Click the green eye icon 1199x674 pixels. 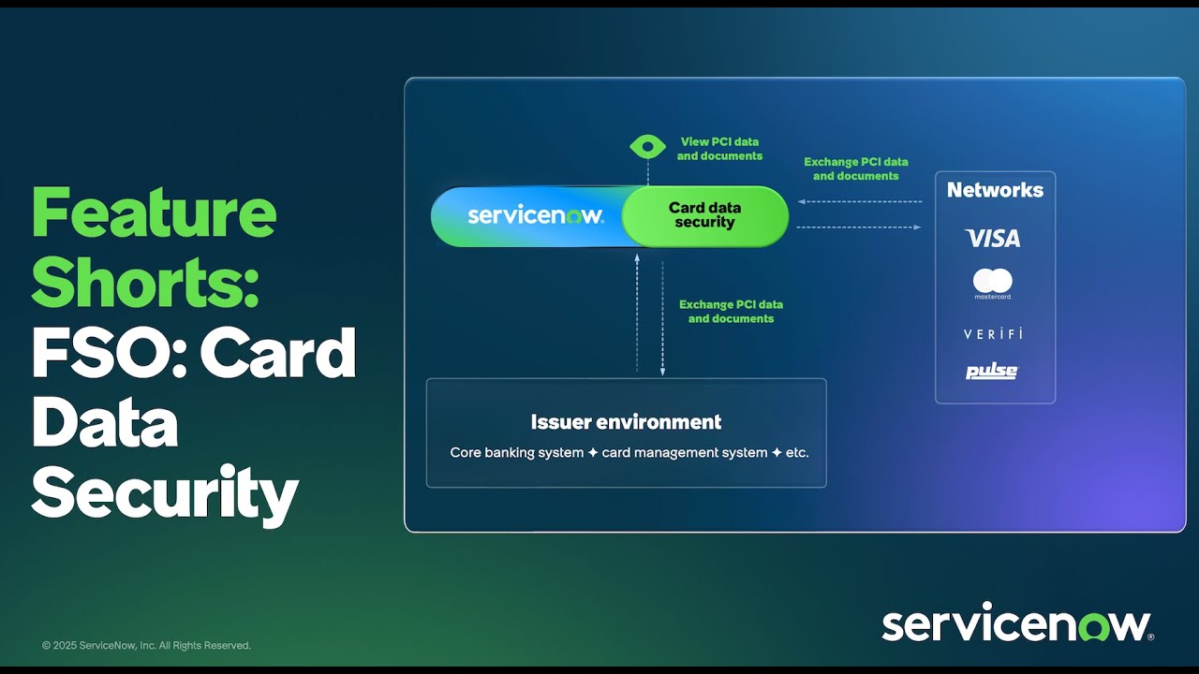[x=647, y=146]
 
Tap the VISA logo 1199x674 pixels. [x=993, y=239]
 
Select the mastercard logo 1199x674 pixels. [x=993, y=283]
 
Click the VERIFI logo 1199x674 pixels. [x=993, y=334]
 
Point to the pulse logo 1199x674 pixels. [x=992, y=372]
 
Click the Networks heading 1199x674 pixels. [x=995, y=190]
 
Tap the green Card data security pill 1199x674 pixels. [x=704, y=215]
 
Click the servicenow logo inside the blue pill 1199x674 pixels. [x=535, y=215]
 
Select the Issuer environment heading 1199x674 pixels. [x=626, y=422]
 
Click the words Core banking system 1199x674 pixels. [x=517, y=453]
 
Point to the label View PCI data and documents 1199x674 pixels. [x=719, y=149]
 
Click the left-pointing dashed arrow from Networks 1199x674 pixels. [x=859, y=201]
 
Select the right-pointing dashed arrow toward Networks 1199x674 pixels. [x=859, y=227]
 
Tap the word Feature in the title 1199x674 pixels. [x=154, y=213]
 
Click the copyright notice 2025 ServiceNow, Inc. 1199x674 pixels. [x=146, y=646]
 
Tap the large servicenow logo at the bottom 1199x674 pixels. [x=1016, y=624]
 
